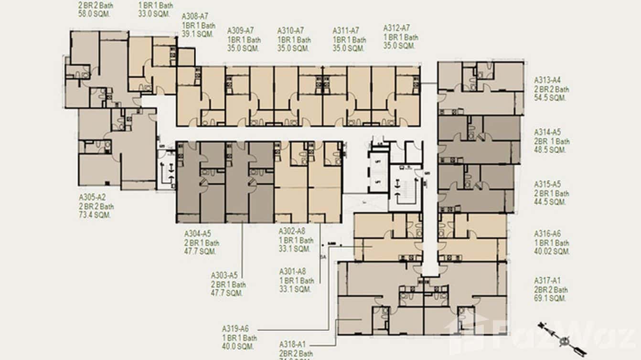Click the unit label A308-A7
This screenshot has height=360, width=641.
[x=195, y=17]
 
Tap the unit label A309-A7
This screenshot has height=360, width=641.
[x=241, y=31]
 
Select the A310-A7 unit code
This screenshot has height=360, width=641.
[x=291, y=31]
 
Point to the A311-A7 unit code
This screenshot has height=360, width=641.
[x=346, y=31]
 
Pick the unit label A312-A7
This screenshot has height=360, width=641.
[x=396, y=28]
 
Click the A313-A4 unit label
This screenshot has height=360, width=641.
[x=547, y=80]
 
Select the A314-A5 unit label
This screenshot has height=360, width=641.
[x=547, y=132]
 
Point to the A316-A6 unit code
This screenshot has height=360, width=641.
[x=547, y=234]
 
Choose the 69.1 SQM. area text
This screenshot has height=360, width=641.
[x=550, y=298]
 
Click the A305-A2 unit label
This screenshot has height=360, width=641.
[x=92, y=198]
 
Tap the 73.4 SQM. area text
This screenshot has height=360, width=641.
[x=95, y=215]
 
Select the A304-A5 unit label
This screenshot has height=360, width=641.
[x=198, y=234]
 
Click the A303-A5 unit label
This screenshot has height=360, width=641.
[x=224, y=275]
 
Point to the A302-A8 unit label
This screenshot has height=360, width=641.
[x=292, y=232]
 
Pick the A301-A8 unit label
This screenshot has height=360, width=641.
[x=292, y=272]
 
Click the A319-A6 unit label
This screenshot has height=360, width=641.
[x=235, y=329]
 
